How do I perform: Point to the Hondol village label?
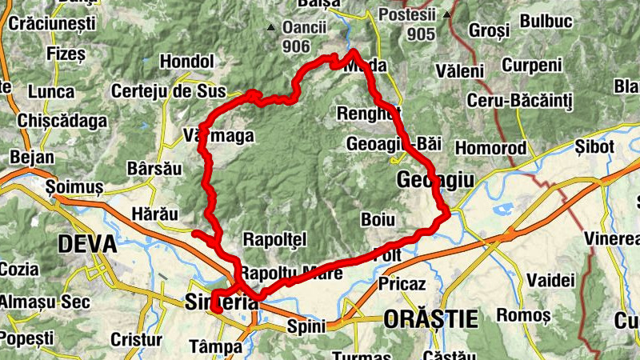click(187, 62)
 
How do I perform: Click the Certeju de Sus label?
click(166, 90)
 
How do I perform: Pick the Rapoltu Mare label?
click(291, 273)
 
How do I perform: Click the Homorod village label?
click(490, 148)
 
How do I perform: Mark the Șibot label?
click(594, 147)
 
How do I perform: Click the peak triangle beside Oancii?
click(271, 28)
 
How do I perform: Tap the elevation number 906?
click(296, 46)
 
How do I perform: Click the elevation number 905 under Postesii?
click(420, 34)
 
